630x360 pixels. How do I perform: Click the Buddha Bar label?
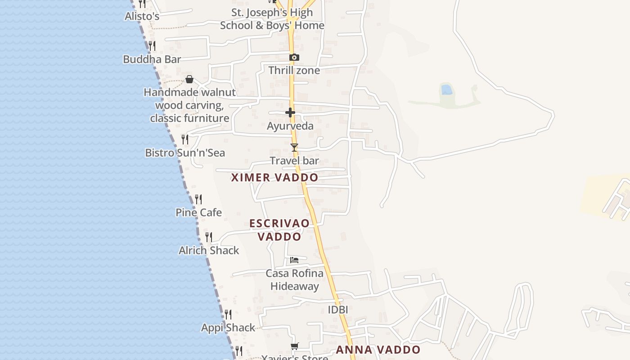(152, 59)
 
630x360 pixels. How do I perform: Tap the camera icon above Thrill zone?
(294, 58)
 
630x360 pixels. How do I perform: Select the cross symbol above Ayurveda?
(290, 112)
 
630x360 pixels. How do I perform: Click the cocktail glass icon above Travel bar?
(294, 148)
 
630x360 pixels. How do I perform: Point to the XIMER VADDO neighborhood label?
(274, 177)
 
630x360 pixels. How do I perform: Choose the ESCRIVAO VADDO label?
(279, 230)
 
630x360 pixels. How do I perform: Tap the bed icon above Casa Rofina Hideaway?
(294, 260)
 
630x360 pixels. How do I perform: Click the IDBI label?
(337, 310)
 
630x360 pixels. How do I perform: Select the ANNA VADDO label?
(378, 350)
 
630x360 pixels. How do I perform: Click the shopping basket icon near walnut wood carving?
(189, 80)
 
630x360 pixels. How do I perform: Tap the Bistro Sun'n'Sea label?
(185, 153)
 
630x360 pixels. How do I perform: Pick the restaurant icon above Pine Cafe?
(198, 199)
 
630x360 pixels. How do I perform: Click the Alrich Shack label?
(209, 251)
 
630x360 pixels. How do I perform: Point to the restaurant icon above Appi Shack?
(228, 314)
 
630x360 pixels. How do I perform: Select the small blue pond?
(446, 90)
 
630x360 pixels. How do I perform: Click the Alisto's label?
(142, 17)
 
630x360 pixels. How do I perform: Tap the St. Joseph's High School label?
(272, 19)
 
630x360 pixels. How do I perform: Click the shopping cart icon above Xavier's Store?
(294, 346)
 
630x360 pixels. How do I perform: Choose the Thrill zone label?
(294, 71)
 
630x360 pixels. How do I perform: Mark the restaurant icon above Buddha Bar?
(152, 46)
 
